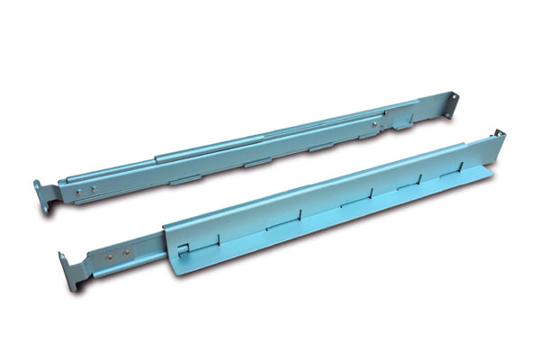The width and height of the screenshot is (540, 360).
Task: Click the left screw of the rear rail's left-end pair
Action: (78, 191)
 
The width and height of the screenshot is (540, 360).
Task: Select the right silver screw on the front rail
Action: (125, 252)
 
